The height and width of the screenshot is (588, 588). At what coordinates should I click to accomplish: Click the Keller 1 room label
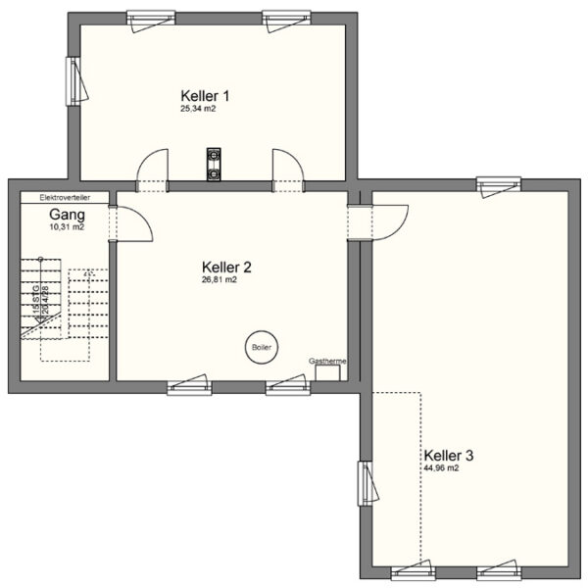coord(205,95)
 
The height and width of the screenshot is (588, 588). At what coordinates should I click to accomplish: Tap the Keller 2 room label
coord(226,267)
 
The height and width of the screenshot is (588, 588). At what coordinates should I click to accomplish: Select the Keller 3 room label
coord(449,456)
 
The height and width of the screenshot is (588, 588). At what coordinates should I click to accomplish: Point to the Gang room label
coord(67,214)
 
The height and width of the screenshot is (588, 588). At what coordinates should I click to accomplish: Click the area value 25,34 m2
coord(197,110)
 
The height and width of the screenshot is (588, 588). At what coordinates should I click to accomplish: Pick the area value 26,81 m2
coord(220,279)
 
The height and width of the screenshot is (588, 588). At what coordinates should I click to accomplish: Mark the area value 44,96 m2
coord(441,468)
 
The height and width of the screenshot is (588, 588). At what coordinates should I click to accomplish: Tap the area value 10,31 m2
coord(67,226)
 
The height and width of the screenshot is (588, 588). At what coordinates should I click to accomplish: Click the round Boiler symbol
coord(261,347)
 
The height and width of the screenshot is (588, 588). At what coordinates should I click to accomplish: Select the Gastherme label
coord(326,361)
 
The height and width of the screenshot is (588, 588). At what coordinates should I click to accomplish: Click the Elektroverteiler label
coord(65,197)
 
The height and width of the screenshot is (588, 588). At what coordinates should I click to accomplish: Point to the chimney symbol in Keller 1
coord(213,164)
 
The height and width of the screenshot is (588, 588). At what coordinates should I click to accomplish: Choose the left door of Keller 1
coord(152,171)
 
